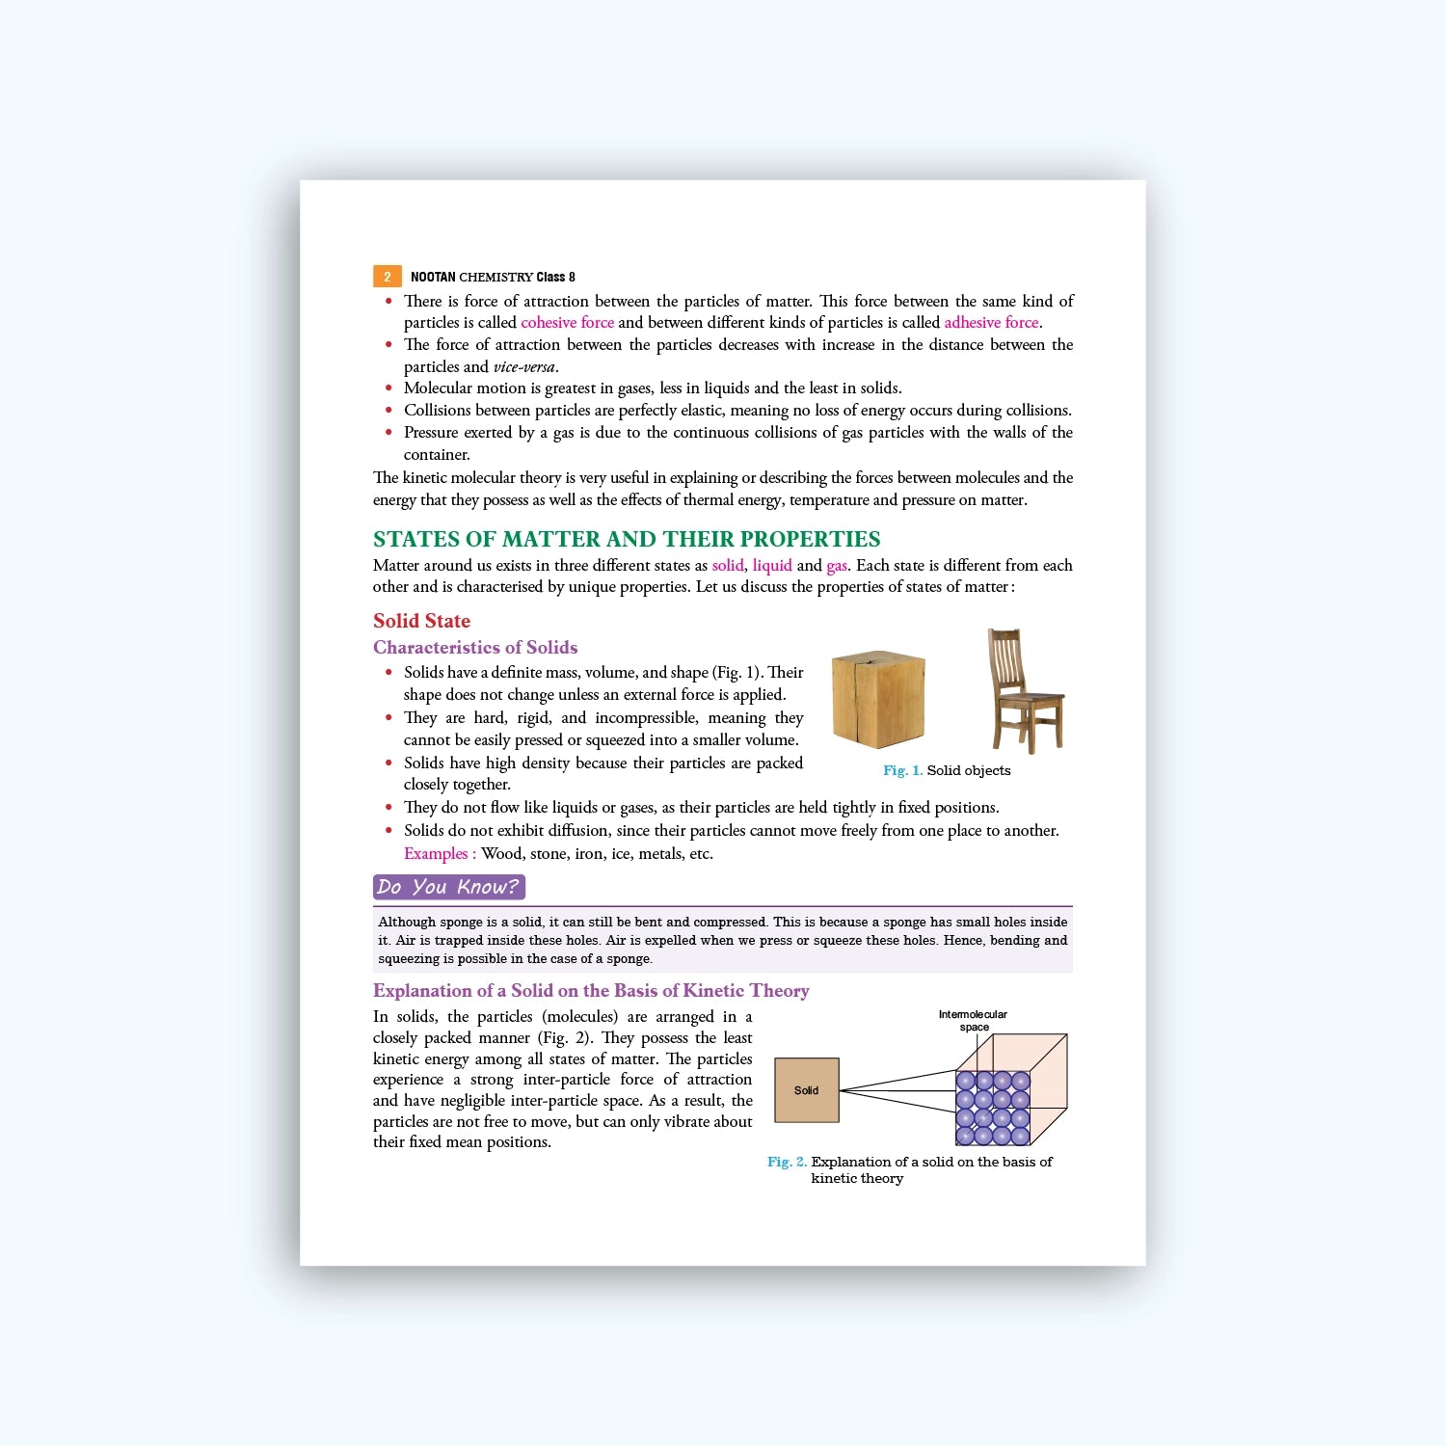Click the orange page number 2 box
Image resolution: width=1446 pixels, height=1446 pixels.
387,277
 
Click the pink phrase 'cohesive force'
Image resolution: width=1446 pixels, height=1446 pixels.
567,323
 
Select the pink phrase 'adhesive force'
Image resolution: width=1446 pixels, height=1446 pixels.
991,323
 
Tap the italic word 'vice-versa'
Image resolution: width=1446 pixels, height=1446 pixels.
524,367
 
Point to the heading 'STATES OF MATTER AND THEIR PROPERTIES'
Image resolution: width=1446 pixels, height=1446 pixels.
627,539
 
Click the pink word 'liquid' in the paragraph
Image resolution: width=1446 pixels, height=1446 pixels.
772,566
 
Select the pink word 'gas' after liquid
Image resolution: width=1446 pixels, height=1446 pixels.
836,566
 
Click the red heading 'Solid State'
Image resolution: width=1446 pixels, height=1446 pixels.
421,621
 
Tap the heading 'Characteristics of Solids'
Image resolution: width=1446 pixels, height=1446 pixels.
475,648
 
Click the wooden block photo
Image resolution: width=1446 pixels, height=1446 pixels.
877,699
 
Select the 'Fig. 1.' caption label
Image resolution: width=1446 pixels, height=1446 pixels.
902,771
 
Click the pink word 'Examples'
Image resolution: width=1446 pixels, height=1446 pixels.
436,854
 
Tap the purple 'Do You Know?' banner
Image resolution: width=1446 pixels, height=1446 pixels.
448,887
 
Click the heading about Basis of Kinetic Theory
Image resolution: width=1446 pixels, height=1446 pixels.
591,991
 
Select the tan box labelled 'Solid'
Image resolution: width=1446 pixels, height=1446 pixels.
806,1090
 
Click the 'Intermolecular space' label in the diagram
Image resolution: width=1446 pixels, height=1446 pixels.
973,1021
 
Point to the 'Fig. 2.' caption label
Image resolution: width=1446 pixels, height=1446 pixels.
787,1163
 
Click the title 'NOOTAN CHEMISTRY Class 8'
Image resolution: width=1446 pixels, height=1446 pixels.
493,277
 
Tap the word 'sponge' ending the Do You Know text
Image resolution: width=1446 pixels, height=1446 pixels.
629,959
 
